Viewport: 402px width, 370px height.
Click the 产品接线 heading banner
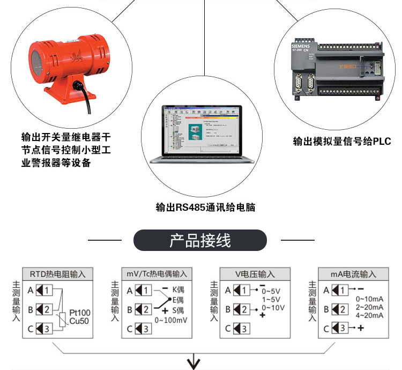pyautogui.click(x=200, y=240)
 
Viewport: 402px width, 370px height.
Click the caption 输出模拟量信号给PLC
pyautogui.click(x=342, y=142)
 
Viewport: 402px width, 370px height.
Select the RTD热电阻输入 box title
pyautogui.click(x=58, y=274)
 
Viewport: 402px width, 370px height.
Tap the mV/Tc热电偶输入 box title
pyautogui.click(x=157, y=274)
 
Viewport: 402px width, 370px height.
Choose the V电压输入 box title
pyautogui.click(x=255, y=274)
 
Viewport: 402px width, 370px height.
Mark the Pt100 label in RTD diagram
pyautogui.click(x=80, y=313)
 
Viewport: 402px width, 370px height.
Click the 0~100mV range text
pyautogui.click(x=170, y=320)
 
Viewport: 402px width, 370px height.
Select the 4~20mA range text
pyautogui.click(x=370, y=315)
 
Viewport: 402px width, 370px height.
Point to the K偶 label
pyautogui.click(x=178, y=290)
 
